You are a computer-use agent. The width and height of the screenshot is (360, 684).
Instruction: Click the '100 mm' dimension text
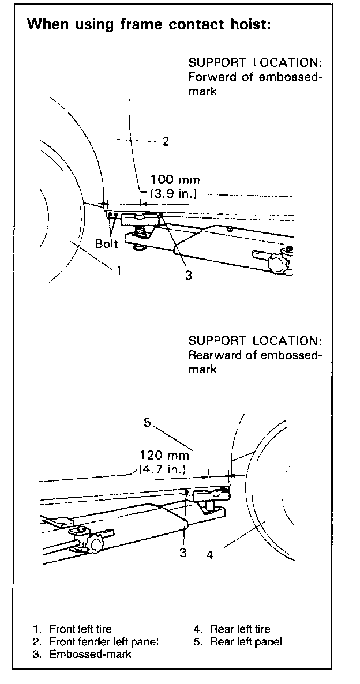pyautogui.click(x=175, y=181)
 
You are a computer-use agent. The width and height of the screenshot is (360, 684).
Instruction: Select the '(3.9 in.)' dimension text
pyautogui.click(x=171, y=194)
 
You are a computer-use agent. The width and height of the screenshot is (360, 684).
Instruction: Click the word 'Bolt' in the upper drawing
pyautogui.click(x=106, y=243)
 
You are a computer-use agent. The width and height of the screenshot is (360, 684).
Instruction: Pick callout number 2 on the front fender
pyautogui.click(x=165, y=141)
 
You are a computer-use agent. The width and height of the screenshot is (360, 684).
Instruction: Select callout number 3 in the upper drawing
pyautogui.click(x=188, y=275)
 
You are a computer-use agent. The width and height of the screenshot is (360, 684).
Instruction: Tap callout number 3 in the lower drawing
pyautogui.click(x=183, y=553)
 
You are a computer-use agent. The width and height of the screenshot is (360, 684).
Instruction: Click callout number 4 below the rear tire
pyautogui.click(x=209, y=555)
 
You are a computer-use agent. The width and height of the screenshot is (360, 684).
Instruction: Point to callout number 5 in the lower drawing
pyautogui.click(x=147, y=423)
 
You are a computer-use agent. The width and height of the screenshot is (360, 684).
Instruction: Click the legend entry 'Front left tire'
pyautogui.click(x=80, y=629)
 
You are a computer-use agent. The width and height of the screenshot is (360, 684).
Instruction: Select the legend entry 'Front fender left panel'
pyautogui.click(x=103, y=641)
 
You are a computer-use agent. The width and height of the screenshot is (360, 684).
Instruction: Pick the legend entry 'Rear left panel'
pyautogui.click(x=246, y=641)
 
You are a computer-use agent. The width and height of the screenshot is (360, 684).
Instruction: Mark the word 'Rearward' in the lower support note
pyautogui.click(x=212, y=355)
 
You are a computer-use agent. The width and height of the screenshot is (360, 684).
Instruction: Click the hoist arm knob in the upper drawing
pyautogui.click(x=277, y=262)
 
